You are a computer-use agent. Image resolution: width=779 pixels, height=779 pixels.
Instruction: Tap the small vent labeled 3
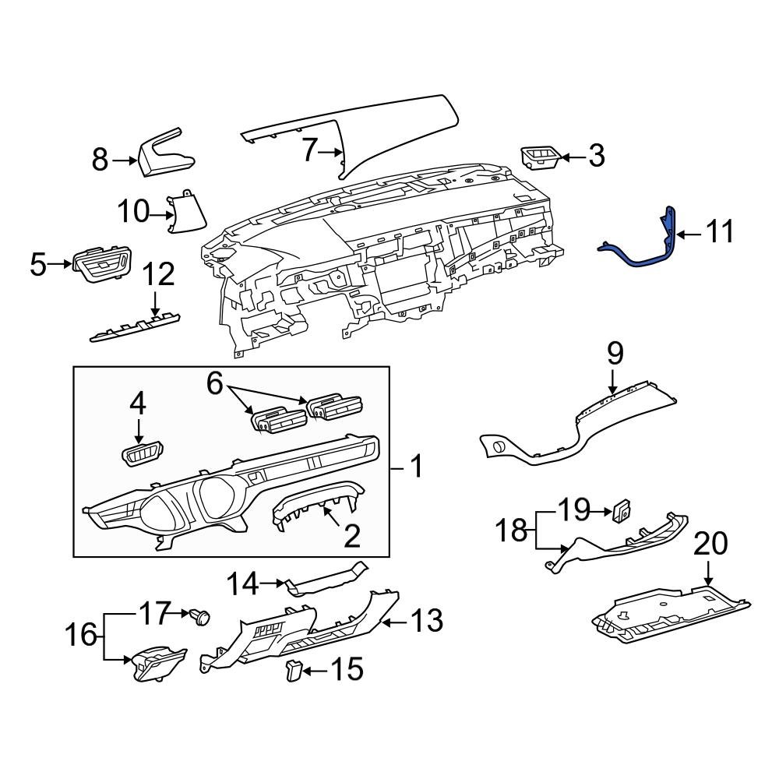click(x=539, y=157)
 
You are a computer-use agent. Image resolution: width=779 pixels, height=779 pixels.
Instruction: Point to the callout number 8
click(x=100, y=160)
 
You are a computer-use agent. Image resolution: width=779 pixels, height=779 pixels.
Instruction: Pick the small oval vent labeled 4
click(x=143, y=453)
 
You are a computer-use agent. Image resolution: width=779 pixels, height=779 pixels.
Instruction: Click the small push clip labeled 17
click(x=200, y=618)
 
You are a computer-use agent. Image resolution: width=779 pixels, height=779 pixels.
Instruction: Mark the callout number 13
click(x=428, y=621)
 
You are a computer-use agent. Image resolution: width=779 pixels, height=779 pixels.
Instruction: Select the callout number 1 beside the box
click(x=417, y=467)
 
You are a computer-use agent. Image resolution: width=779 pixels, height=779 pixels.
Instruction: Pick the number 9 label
click(x=615, y=355)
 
